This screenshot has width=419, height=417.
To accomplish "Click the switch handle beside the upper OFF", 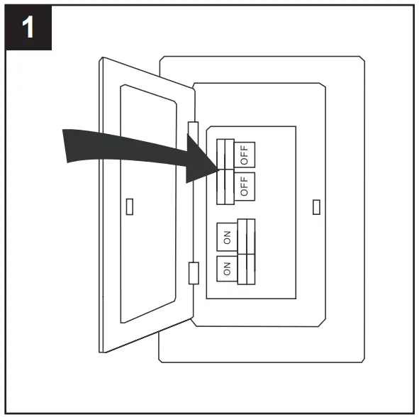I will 225,154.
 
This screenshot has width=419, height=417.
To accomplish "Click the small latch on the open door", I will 128,206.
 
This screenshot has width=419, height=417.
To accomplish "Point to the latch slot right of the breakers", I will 315,206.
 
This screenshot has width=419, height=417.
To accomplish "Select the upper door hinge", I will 191,133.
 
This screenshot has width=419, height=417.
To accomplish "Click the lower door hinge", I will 191,272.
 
